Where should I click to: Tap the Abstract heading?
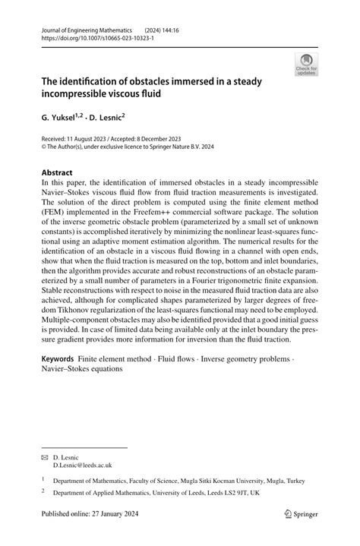(x=58, y=172)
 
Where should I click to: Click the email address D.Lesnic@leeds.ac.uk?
(x=82, y=465)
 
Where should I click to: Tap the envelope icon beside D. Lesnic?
(x=45, y=457)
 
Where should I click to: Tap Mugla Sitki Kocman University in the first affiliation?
(x=213, y=480)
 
